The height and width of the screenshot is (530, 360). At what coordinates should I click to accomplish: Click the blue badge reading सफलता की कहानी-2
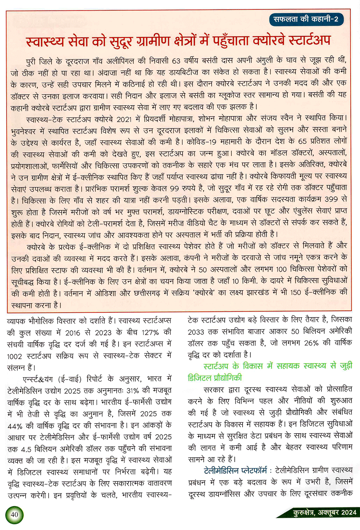tap(306, 19)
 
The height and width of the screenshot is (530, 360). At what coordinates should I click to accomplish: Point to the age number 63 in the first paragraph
tap(176, 60)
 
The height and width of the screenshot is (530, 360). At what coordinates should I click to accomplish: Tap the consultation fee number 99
tap(174, 188)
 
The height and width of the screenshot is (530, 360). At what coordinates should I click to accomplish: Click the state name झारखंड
tap(255, 293)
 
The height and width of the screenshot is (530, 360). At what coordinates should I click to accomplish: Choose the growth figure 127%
tap(150, 332)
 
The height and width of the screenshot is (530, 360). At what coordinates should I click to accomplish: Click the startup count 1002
tap(14, 356)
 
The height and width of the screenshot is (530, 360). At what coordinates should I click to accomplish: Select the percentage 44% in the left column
tap(15, 426)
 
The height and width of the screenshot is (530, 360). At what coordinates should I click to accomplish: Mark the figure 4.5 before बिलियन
tap(26, 449)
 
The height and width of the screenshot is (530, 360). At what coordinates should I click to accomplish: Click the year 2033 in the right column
tap(196, 332)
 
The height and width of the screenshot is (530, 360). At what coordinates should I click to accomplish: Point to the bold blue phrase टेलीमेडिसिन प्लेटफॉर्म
tap(235, 471)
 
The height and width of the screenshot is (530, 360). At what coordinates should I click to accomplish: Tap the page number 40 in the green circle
tap(14, 514)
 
